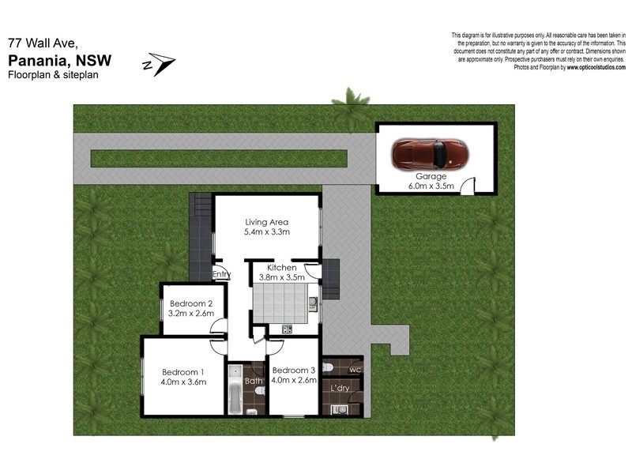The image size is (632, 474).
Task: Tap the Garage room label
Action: (x=431, y=176)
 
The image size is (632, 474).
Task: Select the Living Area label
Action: (x=267, y=222)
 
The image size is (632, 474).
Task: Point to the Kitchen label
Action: (x=281, y=268)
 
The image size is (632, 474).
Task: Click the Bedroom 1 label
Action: (x=183, y=372)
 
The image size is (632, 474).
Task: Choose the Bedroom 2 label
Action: (x=190, y=303)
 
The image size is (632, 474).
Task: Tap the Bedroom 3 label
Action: (x=293, y=370)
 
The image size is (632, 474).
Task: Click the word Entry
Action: (x=222, y=275)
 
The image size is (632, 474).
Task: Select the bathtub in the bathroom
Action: (x=235, y=390)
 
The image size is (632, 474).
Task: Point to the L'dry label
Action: (x=341, y=389)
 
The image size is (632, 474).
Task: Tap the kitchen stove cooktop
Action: (x=287, y=329)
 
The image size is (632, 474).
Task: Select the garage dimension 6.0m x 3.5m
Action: (x=431, y=186)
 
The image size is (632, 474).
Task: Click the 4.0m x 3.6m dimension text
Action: (x=183, y=382)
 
